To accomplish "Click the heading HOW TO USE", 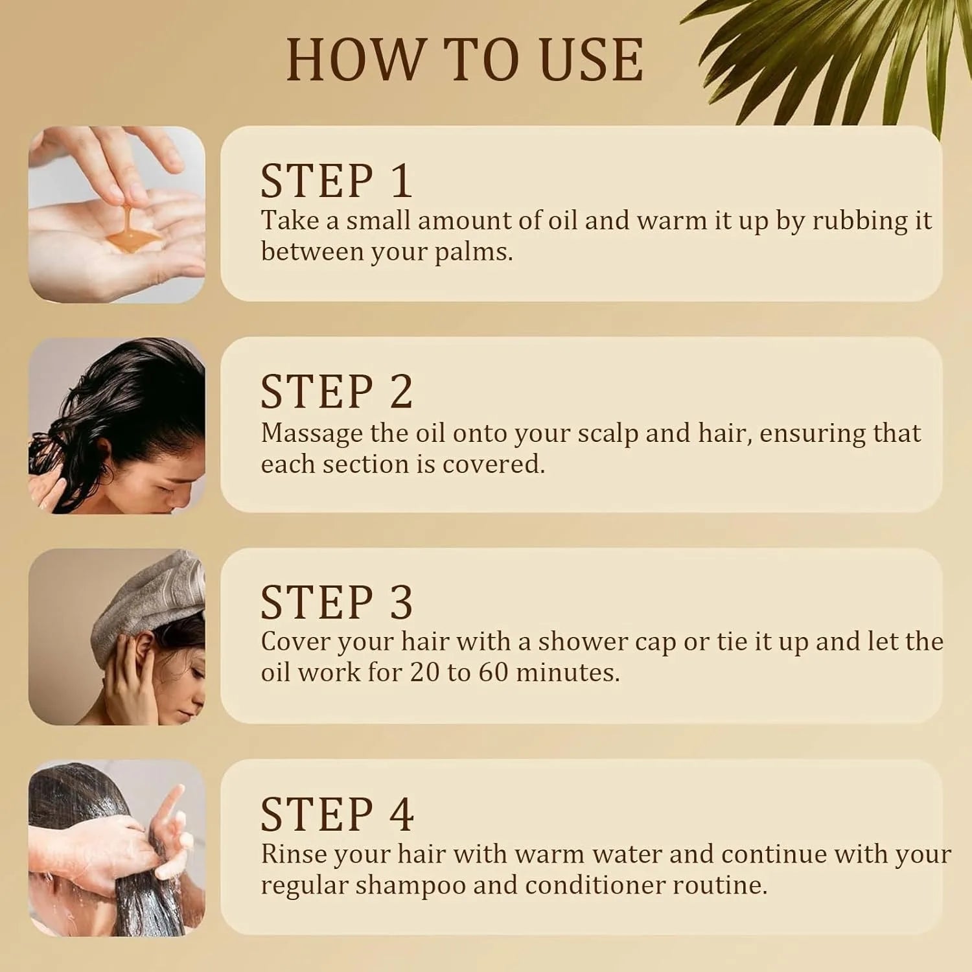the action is coord(465,60).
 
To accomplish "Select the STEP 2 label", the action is coord(336,391).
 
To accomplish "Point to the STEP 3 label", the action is coord(336,602).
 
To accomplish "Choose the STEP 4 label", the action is coord(337,814).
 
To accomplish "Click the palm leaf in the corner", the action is coord(836,62).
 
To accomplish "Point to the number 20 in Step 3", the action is coord(425,673).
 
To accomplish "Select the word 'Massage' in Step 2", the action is coord(312,434).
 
